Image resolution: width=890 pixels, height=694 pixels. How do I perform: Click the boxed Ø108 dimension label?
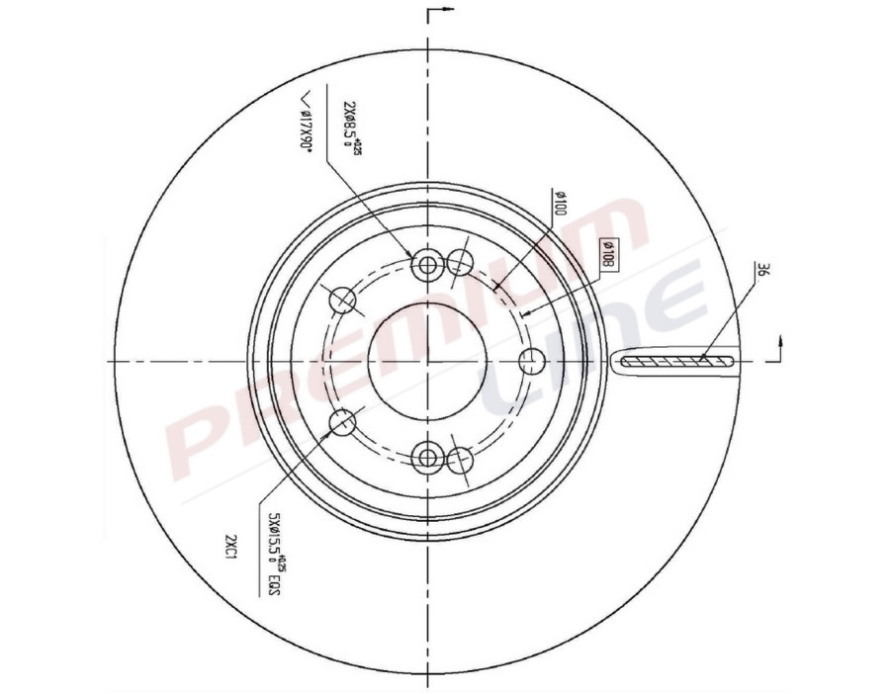608,256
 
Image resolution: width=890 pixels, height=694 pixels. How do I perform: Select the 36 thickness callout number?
761,271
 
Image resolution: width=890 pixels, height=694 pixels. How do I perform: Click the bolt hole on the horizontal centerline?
531,361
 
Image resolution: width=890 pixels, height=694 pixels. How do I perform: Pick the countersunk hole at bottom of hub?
427,457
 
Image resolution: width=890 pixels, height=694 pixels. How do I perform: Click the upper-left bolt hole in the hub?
342,299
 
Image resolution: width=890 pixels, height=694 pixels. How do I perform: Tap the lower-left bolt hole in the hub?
342,422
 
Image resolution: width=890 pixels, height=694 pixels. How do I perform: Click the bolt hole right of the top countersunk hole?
460,262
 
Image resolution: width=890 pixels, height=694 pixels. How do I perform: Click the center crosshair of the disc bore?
427,361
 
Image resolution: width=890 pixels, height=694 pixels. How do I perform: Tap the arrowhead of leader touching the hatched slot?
700,358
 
